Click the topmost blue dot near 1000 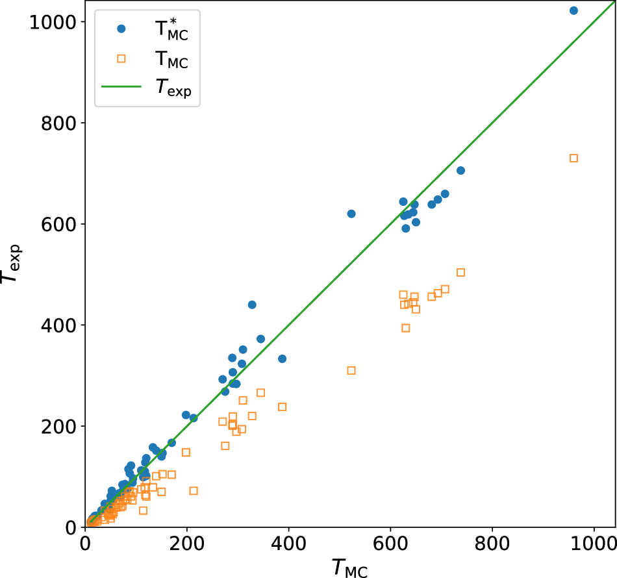coord(573,10)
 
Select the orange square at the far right coord(573,158)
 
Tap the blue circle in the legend coord(121,29)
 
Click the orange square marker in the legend coord(121,59)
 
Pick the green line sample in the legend coord(121,89)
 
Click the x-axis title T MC coord(349,567)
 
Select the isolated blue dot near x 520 coord(351,214)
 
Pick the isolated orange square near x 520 coord(351,370)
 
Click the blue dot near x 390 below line coord(282,358)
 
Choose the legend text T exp coord(173,89)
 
